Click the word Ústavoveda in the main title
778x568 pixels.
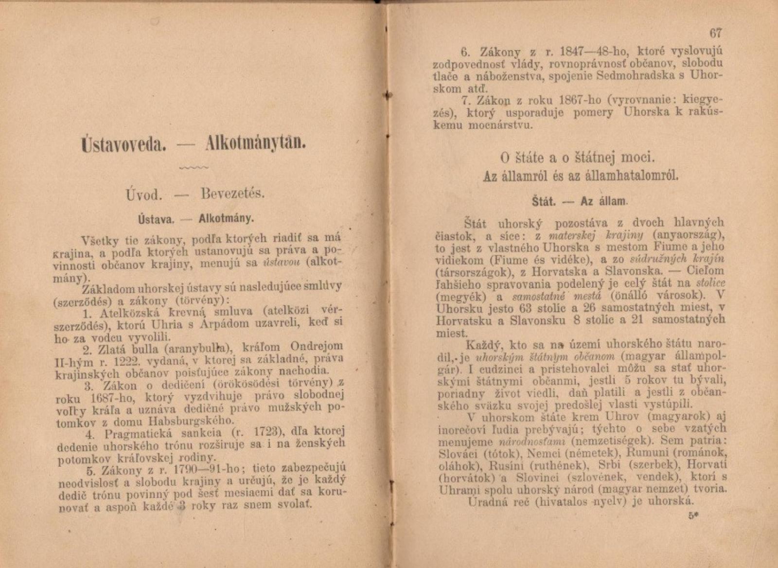point(122,145)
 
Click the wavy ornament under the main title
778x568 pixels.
point(194,168)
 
